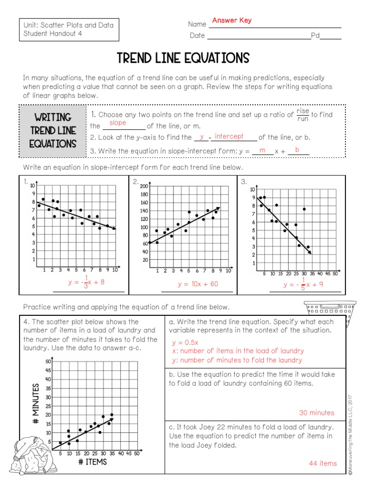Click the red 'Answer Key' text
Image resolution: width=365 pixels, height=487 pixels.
[x=232, y=20]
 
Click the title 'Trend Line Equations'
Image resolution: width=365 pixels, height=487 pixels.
[x=183, y=58]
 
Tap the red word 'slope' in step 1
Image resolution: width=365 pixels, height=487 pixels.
[x=117, y=123]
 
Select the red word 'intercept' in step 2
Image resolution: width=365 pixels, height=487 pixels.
[x=229, y=136]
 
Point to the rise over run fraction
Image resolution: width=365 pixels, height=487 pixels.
[x=303, y=114]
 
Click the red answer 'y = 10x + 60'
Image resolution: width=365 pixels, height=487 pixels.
[x=198, y=284]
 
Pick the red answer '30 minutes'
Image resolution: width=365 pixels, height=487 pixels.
[x=317, y=412]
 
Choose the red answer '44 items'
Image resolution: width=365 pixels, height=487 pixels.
[x=323, y=463]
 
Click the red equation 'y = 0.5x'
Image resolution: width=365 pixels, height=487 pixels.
[x=185, y=342]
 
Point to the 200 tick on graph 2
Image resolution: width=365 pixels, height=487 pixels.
[x=144, y=186]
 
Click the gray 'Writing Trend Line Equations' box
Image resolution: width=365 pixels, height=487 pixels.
[x=52, y=130]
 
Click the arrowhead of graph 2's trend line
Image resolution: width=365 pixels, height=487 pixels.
[x=218, y=208]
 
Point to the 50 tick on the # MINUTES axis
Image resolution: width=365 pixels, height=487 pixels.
[x=48, y=362]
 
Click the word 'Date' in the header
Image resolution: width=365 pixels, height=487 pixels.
[x=197, y=35]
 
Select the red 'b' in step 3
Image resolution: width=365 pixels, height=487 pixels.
[x=297, y=150]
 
